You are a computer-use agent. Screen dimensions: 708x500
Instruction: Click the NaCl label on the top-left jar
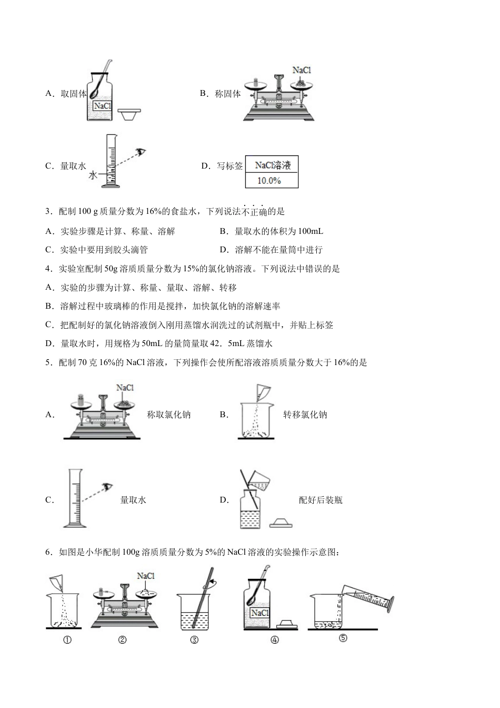[x=103, y=106]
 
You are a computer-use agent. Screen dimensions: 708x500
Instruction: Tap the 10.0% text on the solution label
[x=268, y=181]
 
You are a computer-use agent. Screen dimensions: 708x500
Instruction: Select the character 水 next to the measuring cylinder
[x=93, y=175]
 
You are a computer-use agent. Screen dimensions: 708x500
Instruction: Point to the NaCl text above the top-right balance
[x=302, y=70]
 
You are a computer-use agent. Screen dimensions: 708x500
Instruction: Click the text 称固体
[x=227, y=94]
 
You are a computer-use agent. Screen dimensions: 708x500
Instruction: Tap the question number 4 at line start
[x=48, y=269]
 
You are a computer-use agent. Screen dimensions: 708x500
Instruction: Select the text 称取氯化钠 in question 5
[x=168, y=415]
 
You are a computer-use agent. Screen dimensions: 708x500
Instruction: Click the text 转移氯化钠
[x=305, y=415]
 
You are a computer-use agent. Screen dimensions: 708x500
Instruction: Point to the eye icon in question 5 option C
[x=108, y=486]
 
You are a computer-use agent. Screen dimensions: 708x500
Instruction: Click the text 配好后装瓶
[x=320, y=500]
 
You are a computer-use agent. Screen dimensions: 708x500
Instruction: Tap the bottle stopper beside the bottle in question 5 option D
[x=281, y=523]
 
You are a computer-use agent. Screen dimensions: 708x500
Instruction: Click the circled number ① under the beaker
[x=67, y=640]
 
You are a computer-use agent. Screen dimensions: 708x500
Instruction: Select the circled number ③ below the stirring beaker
[x=194, y=640]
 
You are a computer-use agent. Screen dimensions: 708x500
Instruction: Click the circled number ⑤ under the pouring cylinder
[x=343, y=638]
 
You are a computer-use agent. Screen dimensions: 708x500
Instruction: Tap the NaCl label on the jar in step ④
[x=259, y=613]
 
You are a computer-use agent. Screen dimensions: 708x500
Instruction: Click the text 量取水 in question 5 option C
[x=133, y=500]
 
